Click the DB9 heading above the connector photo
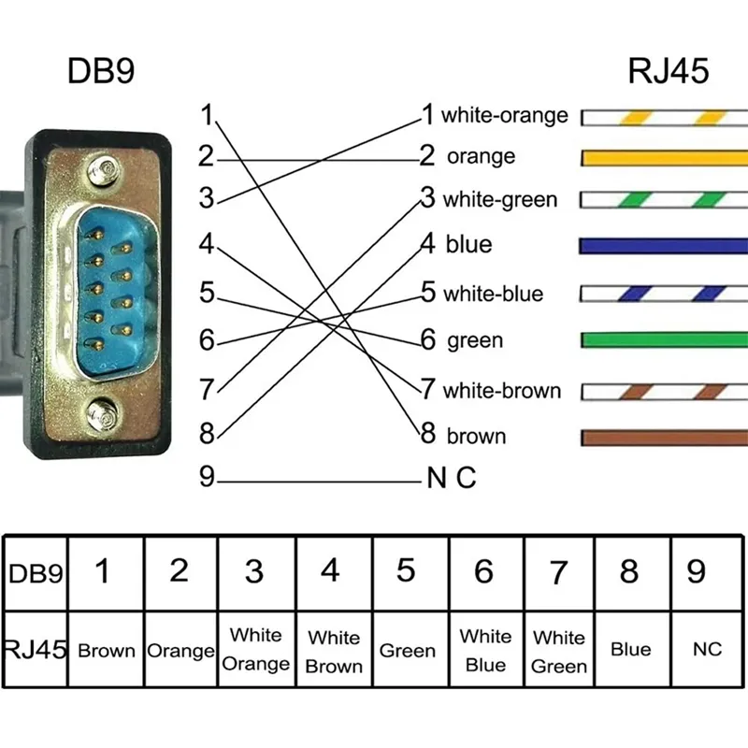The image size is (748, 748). coord(102,73)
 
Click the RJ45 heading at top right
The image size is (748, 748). coord(668,73)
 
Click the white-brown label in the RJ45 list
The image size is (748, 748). coord(501,390)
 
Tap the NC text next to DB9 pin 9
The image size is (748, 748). coord(452,480)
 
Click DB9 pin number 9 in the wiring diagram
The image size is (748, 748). coord(207,479)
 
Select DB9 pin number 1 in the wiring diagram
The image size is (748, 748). coord(207,117)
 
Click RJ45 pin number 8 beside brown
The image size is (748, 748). coord(428,434)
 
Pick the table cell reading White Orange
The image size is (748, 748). coord(256,650)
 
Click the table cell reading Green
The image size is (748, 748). coord(408,651)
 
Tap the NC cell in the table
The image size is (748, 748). coord(708,649)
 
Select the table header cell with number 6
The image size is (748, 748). coord(482,571)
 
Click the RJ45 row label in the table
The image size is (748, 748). coord(36,649)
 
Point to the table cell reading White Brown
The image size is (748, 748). coord(333,652)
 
